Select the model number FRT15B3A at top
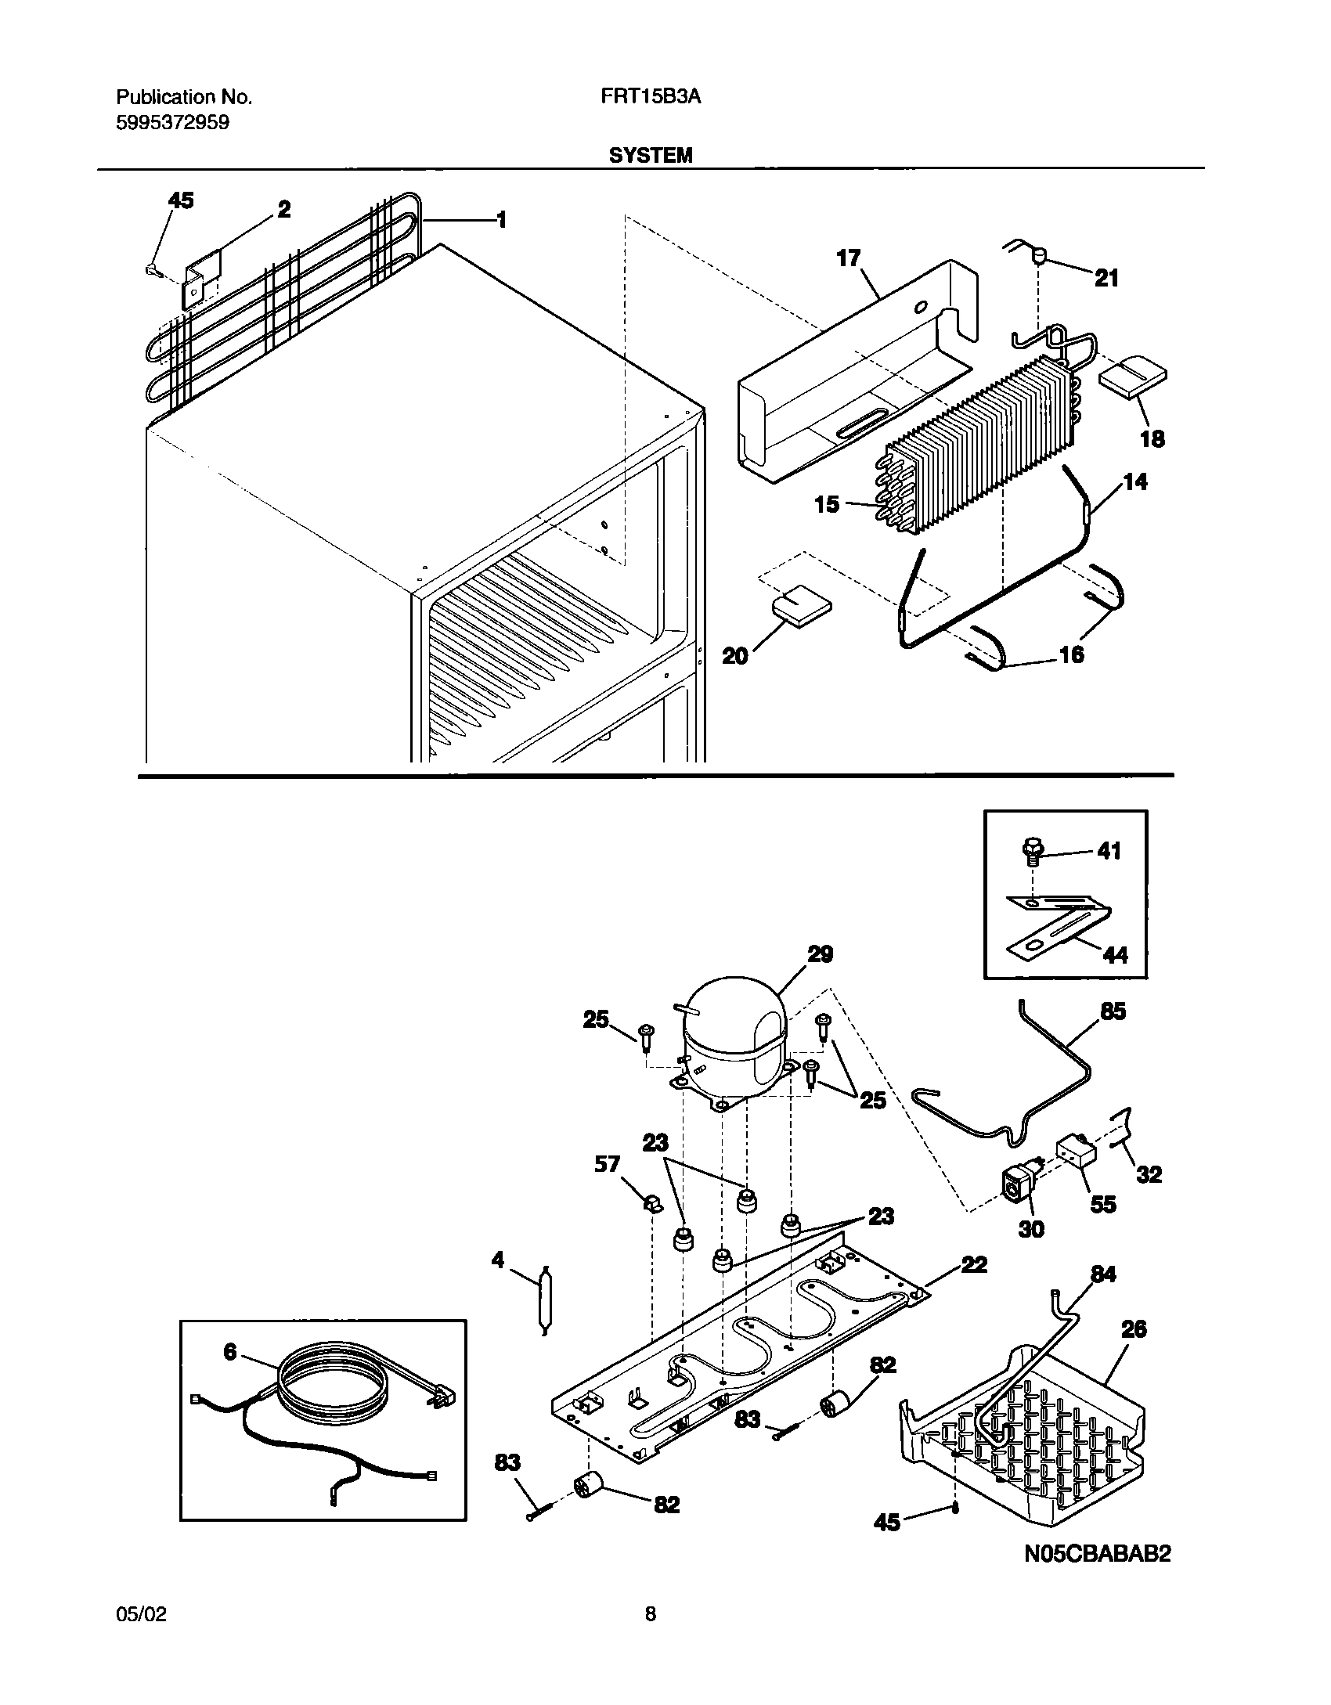coord(650,97)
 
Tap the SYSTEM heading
coord(651,156)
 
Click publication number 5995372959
coord(173,123)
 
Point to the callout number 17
coord(849,258)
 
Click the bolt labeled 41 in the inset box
coord(1031,850)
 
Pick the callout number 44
coord(1115,954)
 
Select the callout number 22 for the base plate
coord(973,1265)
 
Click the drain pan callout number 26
coord(1134,1328)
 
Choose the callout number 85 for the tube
coord(1113,1011)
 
